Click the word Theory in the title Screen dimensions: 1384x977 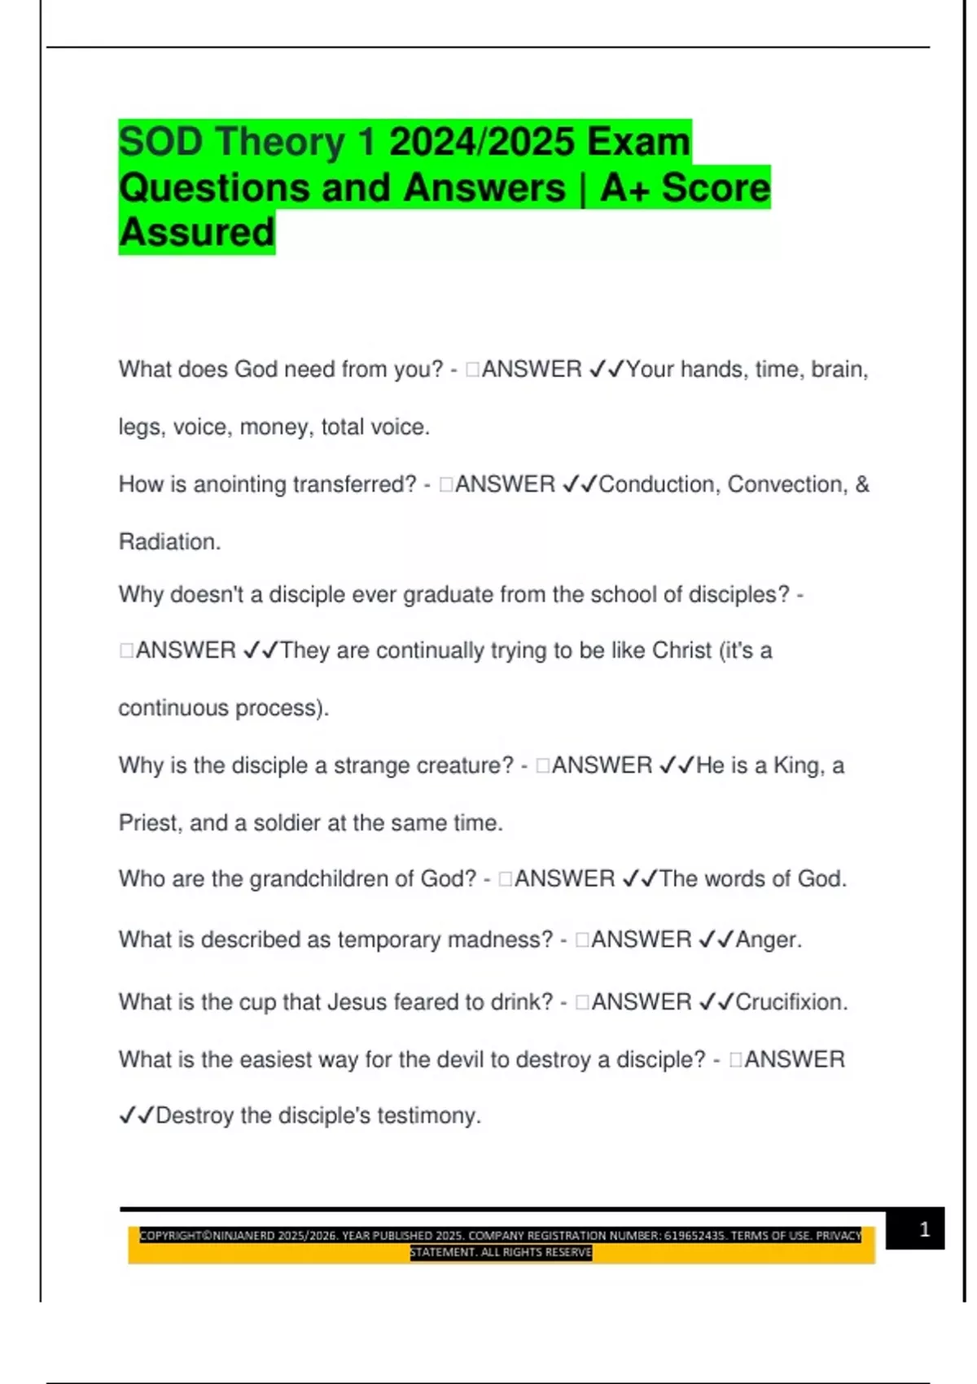click(281, 142)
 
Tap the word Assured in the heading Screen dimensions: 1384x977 click(197, 233)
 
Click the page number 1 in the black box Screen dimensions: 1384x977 click(924, 1229)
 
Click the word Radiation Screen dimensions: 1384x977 click(169, 541)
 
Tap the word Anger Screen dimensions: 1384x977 click(768, 939)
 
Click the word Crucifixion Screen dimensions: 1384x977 click(791, 1001)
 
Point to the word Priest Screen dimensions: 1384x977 click(147, 823)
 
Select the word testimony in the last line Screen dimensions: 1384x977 click(427, 1115)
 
